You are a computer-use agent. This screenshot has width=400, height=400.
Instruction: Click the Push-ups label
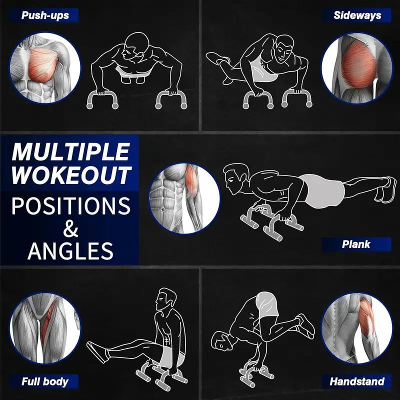(x=45, y=15)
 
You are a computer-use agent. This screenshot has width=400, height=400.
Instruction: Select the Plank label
(x=356, y=244)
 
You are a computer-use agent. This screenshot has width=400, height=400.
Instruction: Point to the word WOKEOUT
(x=71, y=175)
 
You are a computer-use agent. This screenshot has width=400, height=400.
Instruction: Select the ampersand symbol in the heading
(x=71, y=228)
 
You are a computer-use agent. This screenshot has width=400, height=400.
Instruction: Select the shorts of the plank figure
(x=322, y=189)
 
